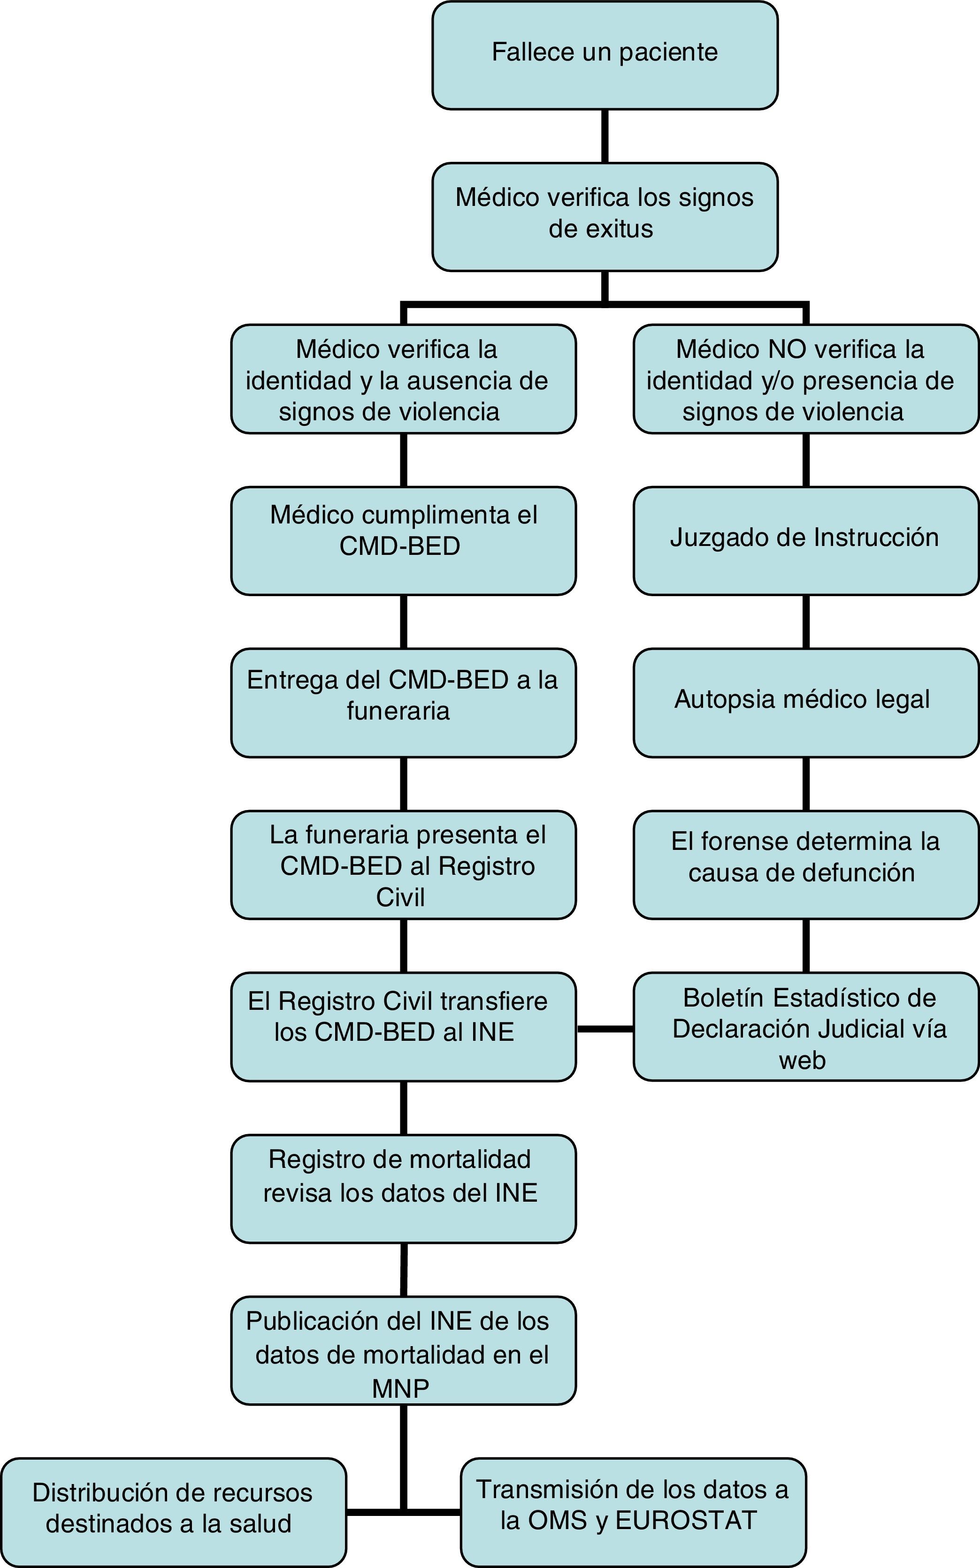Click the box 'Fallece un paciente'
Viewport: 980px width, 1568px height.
click(x=605, y=55)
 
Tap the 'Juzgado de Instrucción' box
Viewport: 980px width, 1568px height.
click(x=806, y=540)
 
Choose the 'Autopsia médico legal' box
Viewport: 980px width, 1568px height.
click(x=806, y=702)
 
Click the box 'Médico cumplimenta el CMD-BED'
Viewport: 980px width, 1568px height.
click(x=403, y=540)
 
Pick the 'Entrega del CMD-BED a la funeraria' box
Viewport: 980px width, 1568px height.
click(x=403, y=702)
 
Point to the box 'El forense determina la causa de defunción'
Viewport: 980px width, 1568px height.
click(x=806, y=864)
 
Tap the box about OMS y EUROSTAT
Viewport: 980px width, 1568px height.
click(x=633, y=1512)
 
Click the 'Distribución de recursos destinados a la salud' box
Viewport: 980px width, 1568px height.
click(x=173, y=1512)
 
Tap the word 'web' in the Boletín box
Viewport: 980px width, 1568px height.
click(x=803, y=1060)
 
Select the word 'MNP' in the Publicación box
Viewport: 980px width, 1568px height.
click(x=400, y=1388)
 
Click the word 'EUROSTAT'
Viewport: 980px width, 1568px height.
click(x=686, y=1521)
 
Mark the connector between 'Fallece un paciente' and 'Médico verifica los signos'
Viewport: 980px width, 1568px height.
click(x=605, y=136)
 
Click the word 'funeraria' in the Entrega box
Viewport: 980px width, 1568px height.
click(x=398, y=711)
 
